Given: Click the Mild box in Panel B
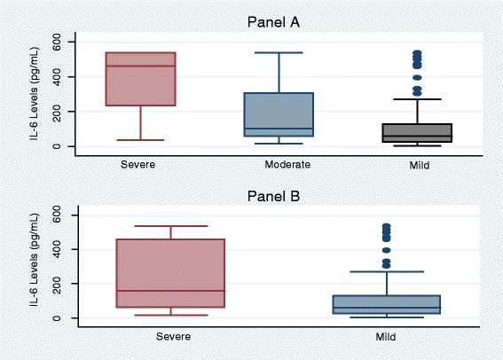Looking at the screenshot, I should [x=387, y=304].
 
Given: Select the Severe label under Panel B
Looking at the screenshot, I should [x=171, y=337].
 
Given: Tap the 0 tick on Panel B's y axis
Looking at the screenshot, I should [x=59, y=318].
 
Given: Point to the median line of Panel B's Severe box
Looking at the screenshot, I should [x=171, y=291].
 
